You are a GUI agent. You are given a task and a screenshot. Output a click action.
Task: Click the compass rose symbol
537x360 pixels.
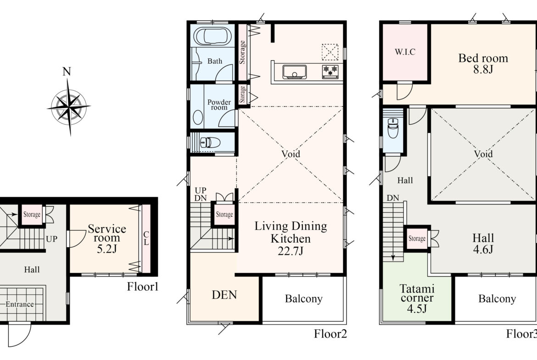pos(69,107)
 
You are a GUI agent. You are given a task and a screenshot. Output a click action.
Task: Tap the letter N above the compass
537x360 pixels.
pos(67,72)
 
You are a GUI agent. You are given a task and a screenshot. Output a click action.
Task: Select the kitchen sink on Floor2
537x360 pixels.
pos(295,72)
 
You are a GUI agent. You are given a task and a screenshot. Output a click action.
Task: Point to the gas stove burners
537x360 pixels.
pos(330,71)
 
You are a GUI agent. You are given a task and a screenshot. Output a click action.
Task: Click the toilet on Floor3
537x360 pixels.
pos(393,127)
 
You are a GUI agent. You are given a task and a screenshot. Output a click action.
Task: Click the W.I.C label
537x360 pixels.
pos(405,52)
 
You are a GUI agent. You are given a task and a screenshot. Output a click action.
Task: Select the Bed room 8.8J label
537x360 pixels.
pos(483,64)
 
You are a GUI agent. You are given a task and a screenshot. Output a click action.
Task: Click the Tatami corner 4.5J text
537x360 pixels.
pos(417,299)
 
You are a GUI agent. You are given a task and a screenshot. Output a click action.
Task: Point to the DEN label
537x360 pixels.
pos(224,294)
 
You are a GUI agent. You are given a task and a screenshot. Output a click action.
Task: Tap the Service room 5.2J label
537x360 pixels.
pos(107,238)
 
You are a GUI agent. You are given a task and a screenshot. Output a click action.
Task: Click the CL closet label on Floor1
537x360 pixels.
pos(146,238)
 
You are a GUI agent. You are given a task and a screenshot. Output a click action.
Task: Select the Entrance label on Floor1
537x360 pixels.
pos(20,304)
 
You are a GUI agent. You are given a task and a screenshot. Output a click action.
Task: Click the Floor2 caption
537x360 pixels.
pos(330,334)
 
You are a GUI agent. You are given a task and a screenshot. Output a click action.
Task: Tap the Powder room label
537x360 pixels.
pos(219,105)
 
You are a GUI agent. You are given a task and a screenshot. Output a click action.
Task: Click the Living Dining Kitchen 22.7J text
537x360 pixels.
pos(291,238)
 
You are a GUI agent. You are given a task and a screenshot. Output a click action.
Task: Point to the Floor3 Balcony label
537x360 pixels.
pos(497,299)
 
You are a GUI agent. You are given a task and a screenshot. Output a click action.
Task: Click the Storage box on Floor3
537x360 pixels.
pos(417,238)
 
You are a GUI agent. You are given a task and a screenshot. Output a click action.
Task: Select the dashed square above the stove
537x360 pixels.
pos(330,52)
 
